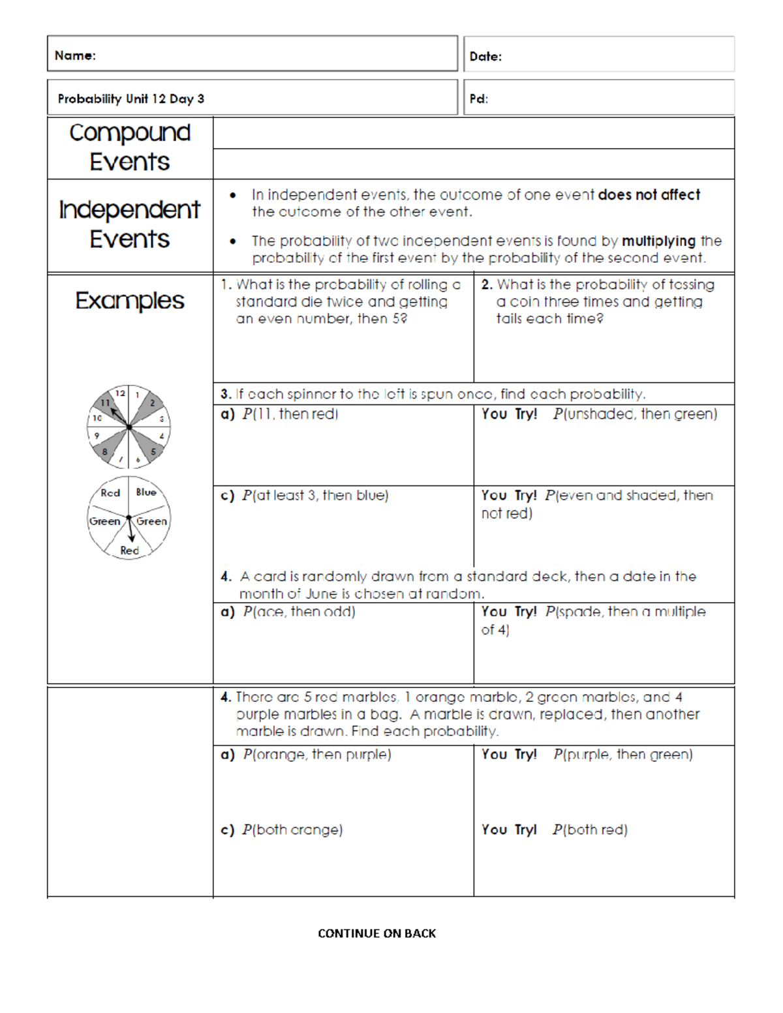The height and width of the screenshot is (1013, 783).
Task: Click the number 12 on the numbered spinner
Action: tap(120, 393)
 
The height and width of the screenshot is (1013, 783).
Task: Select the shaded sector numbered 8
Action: tap(104, 451)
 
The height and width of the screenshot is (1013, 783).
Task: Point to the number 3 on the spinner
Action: tap(162, 419)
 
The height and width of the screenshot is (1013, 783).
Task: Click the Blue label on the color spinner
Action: tap(146, 492)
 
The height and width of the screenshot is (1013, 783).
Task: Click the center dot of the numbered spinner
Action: tap(129, 427)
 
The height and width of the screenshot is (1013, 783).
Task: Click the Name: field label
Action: tap(75, 55)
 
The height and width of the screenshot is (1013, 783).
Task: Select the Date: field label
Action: tap(485, 57)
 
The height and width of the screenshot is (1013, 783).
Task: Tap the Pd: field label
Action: tap(478, 99)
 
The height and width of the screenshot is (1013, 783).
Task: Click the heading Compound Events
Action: tap(130, 147)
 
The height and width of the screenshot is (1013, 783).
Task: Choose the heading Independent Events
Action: tap(130, 224)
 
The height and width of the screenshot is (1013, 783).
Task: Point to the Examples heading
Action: tap(130, 300)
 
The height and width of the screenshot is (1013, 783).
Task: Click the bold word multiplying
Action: tap(658, 241)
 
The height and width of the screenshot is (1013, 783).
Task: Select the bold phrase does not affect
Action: tap(649, 194)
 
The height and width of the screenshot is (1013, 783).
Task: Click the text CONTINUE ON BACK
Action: tap(376, 933)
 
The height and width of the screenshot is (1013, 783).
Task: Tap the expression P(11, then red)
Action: tap(290, 414)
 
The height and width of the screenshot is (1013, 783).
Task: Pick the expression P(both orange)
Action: tap(292, 830)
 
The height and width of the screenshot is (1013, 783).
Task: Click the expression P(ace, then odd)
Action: tap(299, 611)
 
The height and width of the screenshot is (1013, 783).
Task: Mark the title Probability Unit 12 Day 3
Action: tap(130, 98)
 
